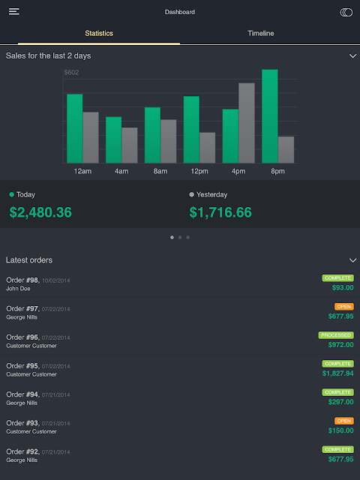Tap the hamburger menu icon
pyautogui.click(x=14, y=12)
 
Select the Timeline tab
pyautogui.click(x=261, y=33)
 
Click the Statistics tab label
pyautogui.click(x=99, y=33)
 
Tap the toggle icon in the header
pyautogui.click(x=346, y=12)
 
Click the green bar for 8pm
pyautogui.click(x=270, y=116)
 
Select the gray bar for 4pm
pyautogui.click(x=247, y=123)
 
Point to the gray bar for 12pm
pyautogui.click(x=208, y=148)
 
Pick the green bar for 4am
pyautogui.click(x=113, y=140)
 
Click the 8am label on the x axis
pyautogui.click(x=160, y=171)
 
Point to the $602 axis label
pyautogui.click(x=71, y=73)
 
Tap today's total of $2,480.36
pyautogui.click(x=40, y=212)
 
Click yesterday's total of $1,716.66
pyautogui.click(x=220, y=212)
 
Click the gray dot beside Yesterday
pyautogui.click(x=192, y=194)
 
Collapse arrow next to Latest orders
pyautogui.click(x=352, y=260)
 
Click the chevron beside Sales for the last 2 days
pyautogui.click(x=352, y=56)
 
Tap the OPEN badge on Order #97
pyautogui.click(x=344, y=307)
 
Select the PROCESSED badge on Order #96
pyautogui.click(x=336, y=335)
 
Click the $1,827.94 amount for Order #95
pyautogui.click(x=338, y=373)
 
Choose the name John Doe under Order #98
pyautogui.click(x=18, y=288)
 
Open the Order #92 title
pyautogui.click(x=22, y=451)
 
